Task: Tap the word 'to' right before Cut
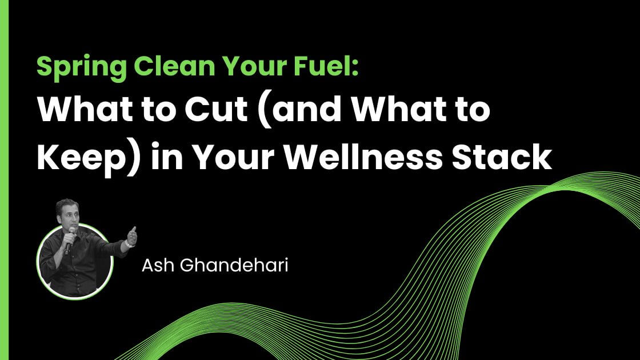click(x=165, y=109)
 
